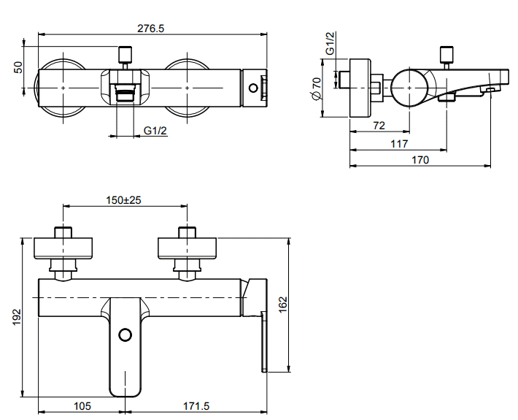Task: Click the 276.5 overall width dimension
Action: click(150, 28)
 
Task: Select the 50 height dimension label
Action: click(19, 67)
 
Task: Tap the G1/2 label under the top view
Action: click(155, 131)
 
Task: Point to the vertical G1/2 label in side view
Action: click(330, 43)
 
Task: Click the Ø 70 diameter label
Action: click(316, 88)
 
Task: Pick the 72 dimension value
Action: click(379, 126)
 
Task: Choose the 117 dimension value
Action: click(399, 144)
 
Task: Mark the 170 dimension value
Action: click(420, 160)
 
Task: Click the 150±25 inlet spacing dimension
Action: click(123, 200)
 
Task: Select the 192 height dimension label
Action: click(17, 317)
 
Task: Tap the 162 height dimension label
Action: click(283, 305)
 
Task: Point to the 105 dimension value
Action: click(82, 406)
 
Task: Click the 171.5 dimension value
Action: click(196, 406)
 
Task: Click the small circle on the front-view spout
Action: click(125, 335)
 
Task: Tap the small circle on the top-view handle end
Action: click(253, 88)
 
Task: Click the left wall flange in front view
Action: click(63, 248)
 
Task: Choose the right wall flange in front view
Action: click(188, 248)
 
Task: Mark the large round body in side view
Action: click(409, 88)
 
